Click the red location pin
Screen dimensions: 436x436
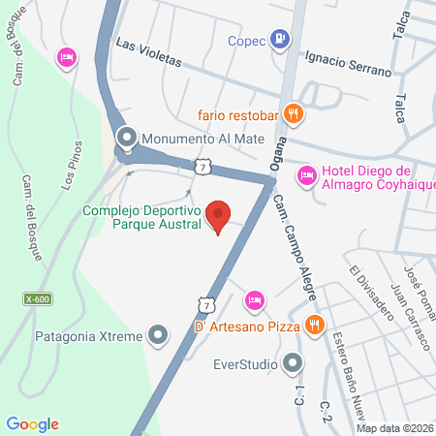coord(219,216)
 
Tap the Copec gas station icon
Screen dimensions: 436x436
coord(280,39)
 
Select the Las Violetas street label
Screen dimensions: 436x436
coord(148,51)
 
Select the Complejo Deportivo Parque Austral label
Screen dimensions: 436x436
coord(141,217)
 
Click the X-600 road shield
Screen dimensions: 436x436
coord(39,299)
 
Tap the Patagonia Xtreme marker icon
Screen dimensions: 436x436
coord(160,335)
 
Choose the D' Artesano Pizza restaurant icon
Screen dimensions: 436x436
coord(313,325)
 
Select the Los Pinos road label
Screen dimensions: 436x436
coord(70,170)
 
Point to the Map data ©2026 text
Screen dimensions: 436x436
coord(394,427)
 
